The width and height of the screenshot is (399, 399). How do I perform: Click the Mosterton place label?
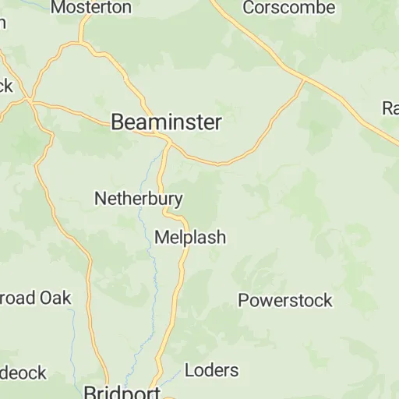pyautogui.click(x=91, y=8)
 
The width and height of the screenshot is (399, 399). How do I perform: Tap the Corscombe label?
pyautogui.click(x=289, y=8)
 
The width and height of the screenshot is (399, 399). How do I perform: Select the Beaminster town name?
pyautogui.click(x=166, y=122)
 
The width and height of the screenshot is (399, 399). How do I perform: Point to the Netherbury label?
pyautogui.click(x=139, y=199)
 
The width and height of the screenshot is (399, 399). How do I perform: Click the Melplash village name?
pyautogui.click(x=191, y=237)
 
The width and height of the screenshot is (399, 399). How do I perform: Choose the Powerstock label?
pyautogui.click(x=285, y=300)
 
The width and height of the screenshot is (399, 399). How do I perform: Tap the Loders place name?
pyautogui.click(x=212, y=369)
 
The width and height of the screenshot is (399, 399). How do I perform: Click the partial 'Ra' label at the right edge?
pyautogui.click(x=390, y=108)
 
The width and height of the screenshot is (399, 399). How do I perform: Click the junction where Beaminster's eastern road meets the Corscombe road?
pyautogui.click(x=304, y=79)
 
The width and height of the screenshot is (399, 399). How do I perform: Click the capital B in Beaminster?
pyautogui.click(x=118, y=122)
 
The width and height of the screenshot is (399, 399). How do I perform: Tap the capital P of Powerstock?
pyautogui.click(x=243, y=300)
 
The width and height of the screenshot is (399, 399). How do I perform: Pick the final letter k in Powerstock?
pyautogui.click(x=327, y=300)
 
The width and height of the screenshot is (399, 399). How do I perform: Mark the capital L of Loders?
pyautogui.click(x=189, y=369)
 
